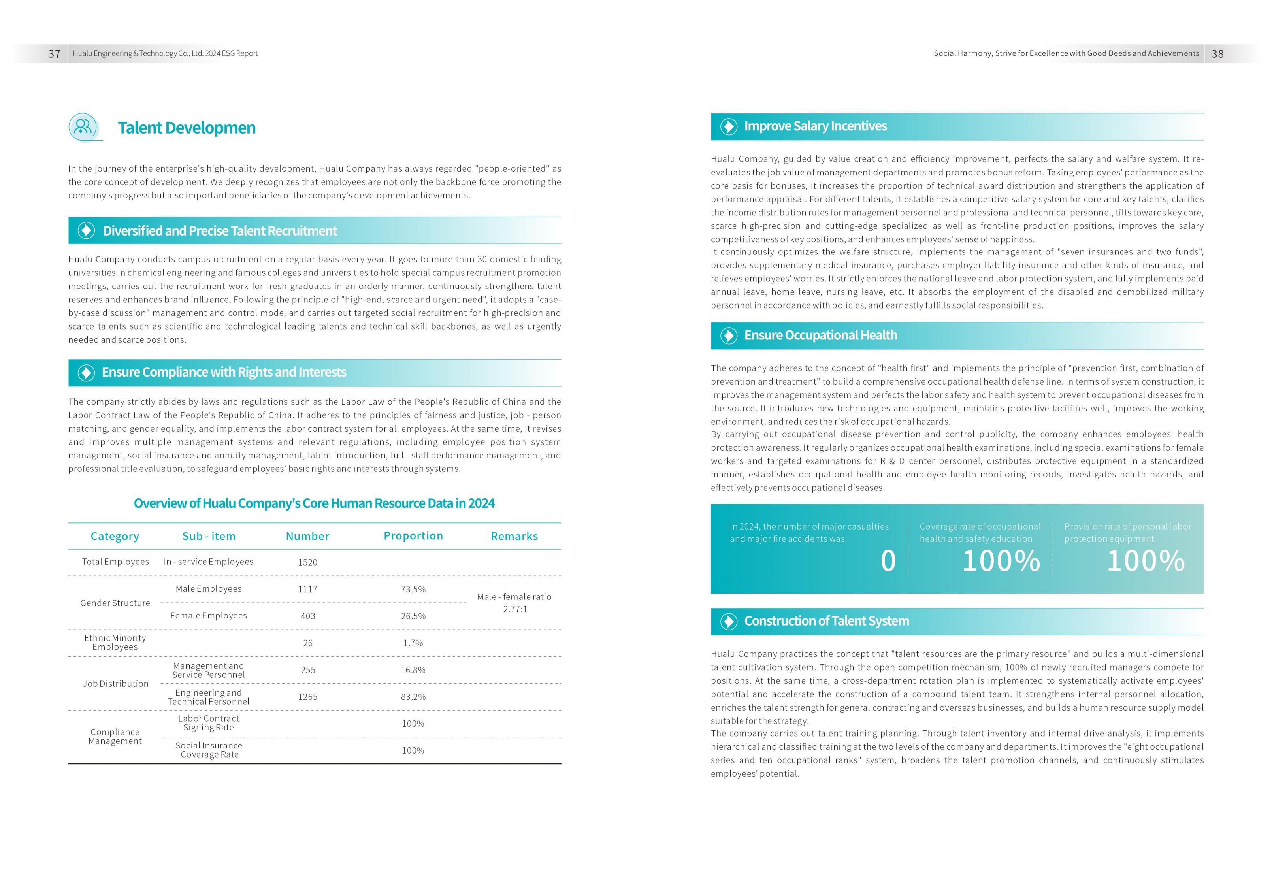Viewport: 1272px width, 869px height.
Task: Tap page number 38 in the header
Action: [1217, 54]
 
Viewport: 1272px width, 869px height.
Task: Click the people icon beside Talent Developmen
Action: [83, 127]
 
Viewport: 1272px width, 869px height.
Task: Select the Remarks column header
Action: [514, 536]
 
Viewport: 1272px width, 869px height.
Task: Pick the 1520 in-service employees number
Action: [307, 562]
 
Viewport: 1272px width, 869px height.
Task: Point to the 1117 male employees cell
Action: [307, 589]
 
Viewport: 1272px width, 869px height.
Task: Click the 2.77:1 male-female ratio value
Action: [514, 609]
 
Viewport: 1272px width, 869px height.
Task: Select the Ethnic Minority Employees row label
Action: [115, 643]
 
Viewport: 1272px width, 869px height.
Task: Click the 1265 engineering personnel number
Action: [307, 697]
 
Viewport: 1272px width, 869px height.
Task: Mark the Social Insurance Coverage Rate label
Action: [209, 750]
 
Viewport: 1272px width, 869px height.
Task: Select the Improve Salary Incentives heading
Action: [815, 126]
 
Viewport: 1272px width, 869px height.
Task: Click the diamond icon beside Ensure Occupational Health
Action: [729, 336]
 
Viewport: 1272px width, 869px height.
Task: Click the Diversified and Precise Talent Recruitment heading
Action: [220, 231]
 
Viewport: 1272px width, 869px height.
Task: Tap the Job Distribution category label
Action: [115, 684]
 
